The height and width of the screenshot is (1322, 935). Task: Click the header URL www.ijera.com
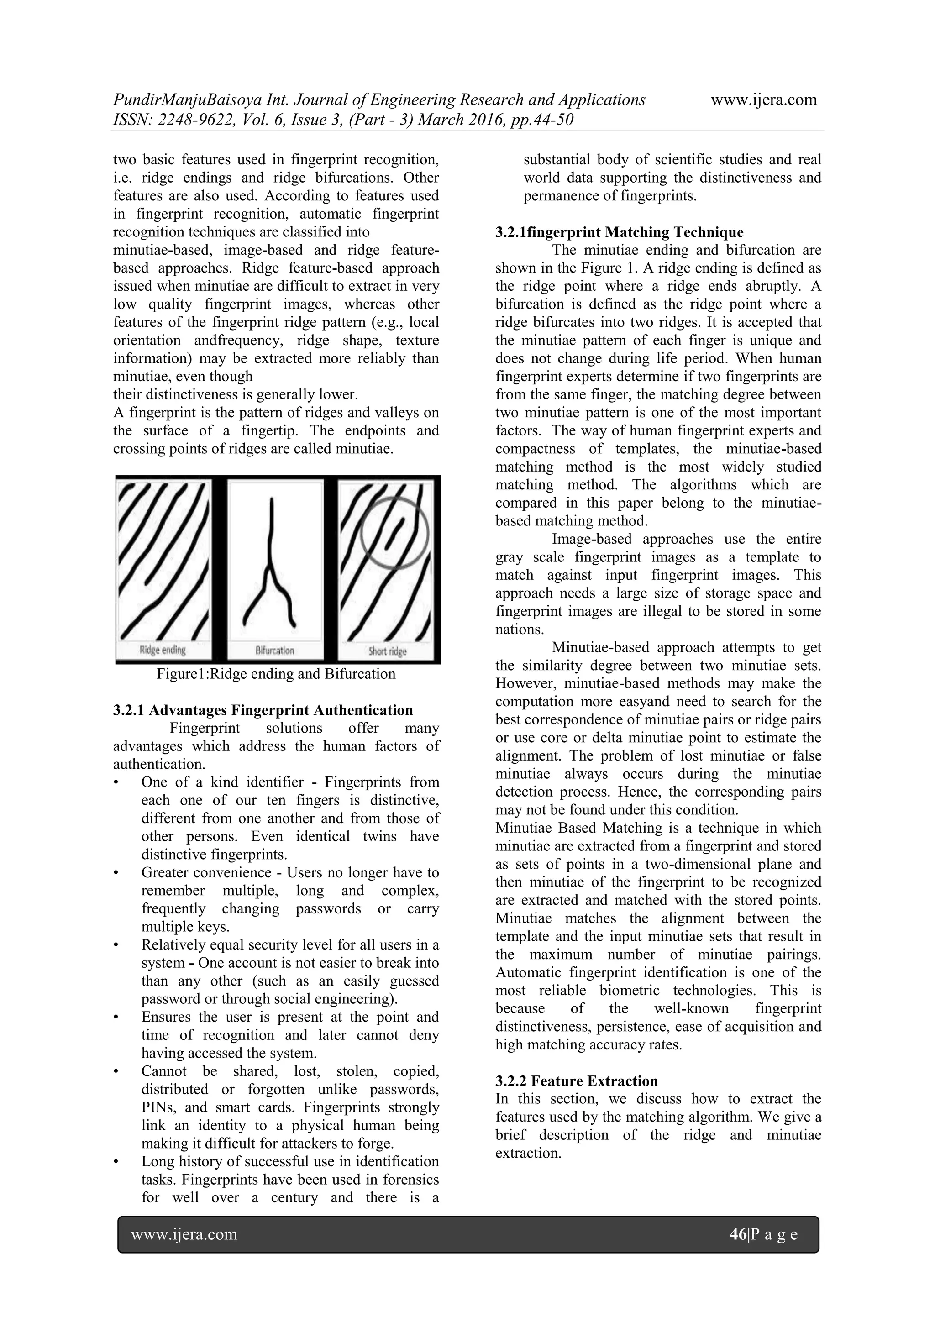pos(763,100)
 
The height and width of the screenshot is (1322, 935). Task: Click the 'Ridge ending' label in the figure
pos(163,650)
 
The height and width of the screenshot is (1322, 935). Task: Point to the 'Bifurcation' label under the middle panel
pos(275,651)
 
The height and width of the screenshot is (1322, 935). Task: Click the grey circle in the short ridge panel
pos(395,533)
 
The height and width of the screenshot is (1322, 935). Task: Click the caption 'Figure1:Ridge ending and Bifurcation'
pos(276,674)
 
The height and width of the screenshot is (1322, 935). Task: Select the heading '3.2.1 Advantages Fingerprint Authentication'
pos(263,710)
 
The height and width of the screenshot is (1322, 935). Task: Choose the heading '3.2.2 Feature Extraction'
pos(576,1081)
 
